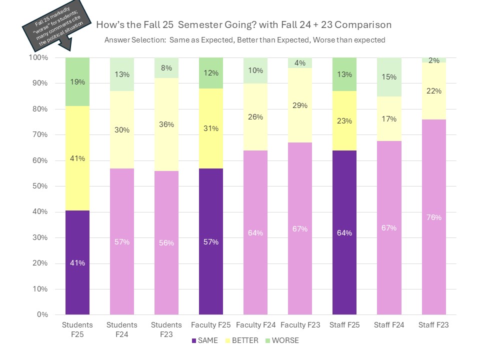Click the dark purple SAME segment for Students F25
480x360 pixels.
click(x=77, y=262)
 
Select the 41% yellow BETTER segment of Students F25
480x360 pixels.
click(x=77, y=158)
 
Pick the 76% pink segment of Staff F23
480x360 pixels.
click(x=433, y=217)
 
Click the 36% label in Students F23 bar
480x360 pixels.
click(x=166, y=124)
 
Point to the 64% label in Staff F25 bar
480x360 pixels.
click(x=344, y=232)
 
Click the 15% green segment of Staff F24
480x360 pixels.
click(x=389, y=77)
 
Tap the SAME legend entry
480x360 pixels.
click(x=205, y=340)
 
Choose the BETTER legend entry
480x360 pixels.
click(x=243, y=340)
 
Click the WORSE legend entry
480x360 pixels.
click(x=284, y=340)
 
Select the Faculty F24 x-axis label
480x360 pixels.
click(x=255, y=325)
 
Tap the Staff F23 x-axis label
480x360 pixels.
click(x=433, y=325)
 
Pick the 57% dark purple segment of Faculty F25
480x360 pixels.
click(x=211, y=241)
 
